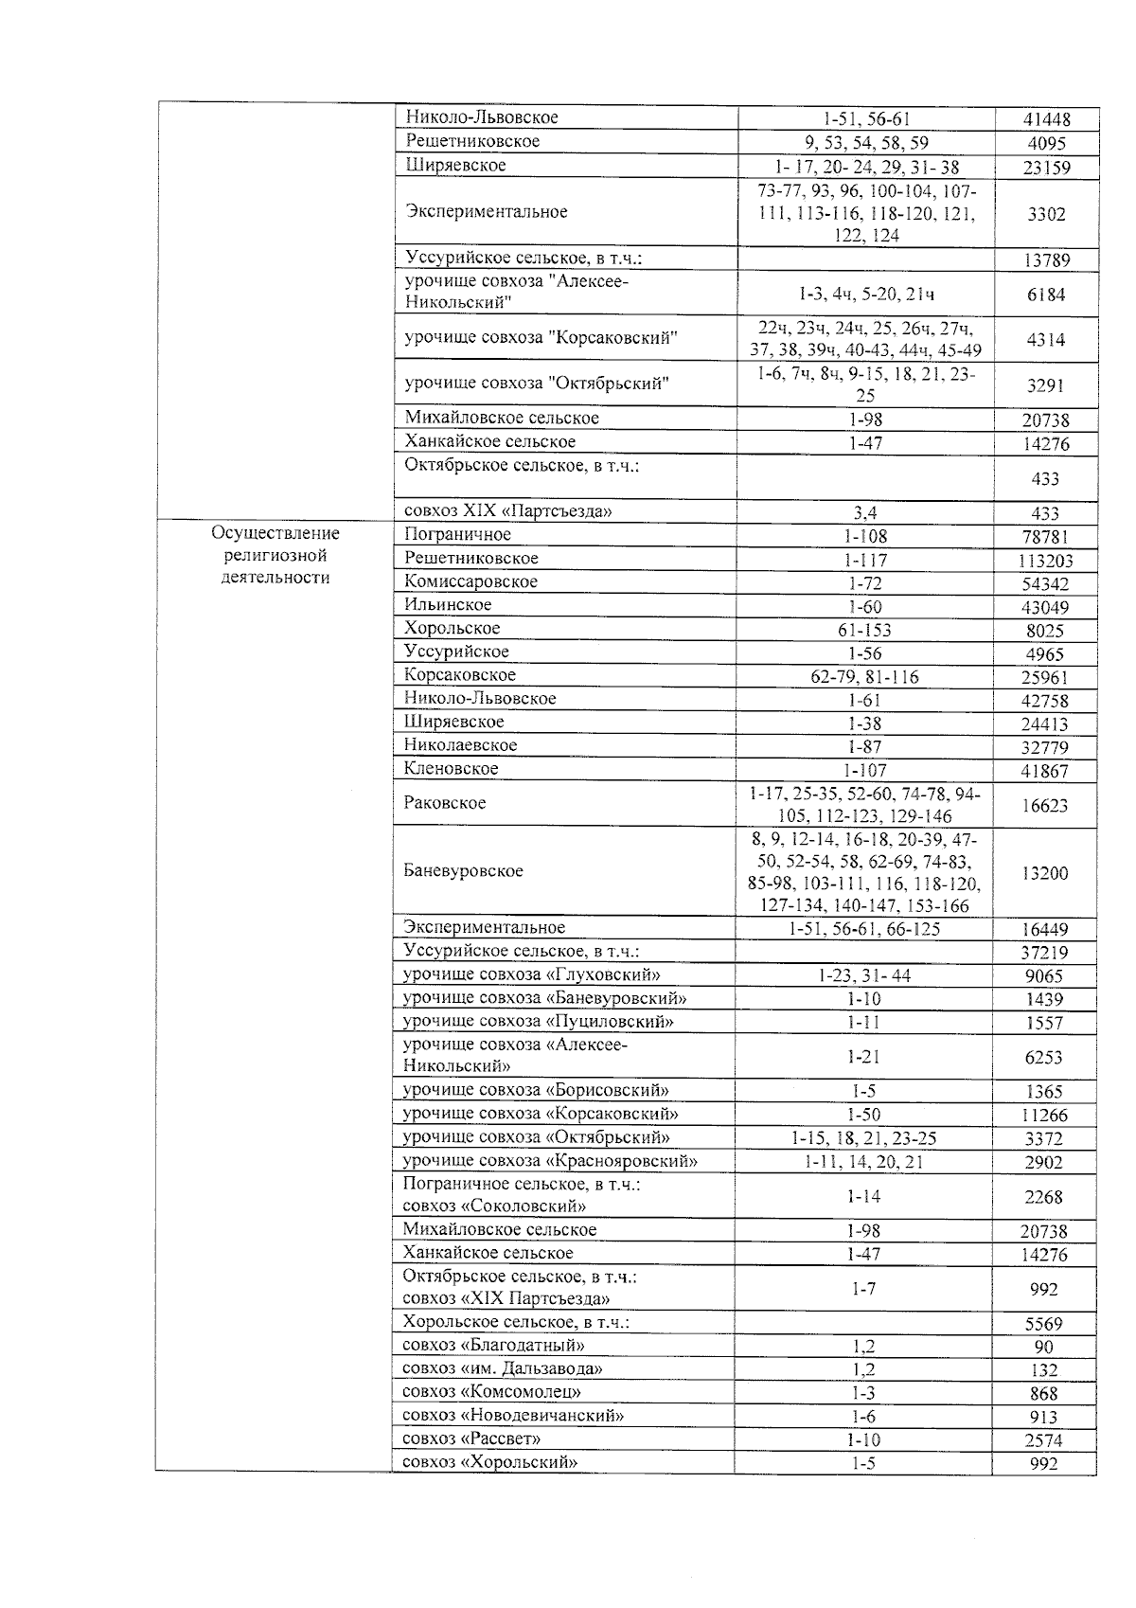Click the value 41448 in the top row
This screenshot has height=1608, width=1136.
coord(1046,119)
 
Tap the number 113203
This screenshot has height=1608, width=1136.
coord(1044,561)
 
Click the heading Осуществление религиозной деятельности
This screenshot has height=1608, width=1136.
coord(275,556)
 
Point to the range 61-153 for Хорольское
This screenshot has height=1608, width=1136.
coord(864,631)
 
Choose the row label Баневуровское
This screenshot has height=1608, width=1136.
coord(463,871)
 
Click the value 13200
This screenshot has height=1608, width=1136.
coord(1044,873)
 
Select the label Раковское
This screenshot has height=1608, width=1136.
coord(445,803)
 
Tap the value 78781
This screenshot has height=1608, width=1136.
coord(1045,537)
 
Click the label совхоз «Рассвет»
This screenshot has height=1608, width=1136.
coord(471,1438)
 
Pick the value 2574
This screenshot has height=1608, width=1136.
coord(1043,1440)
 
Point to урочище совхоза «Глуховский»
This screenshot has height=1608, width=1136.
coord(532,974)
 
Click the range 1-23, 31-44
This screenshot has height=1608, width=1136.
coord(863,975)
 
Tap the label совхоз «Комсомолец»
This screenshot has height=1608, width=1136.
coord(491,1392)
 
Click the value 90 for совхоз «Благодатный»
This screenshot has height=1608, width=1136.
coord(1043,1347)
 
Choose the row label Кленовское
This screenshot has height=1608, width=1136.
coord(451,769)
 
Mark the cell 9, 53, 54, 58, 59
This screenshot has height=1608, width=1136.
coord(864,144)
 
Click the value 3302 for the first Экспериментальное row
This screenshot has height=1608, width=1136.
coord(1045,214)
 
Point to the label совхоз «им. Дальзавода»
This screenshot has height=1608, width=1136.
coord(503,1368)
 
